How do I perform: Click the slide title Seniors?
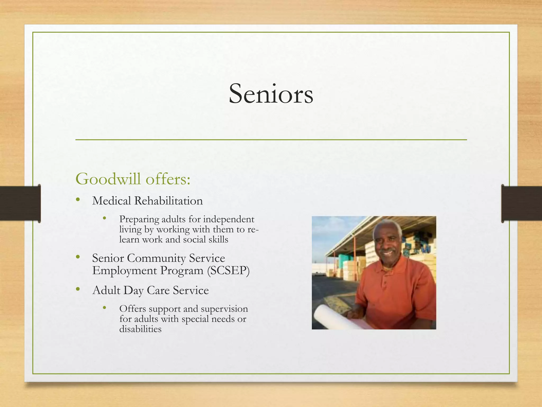click(x=271, y=94)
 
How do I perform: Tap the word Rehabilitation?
click(x=168, y=201)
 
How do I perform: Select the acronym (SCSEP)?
click(x=228, y=271)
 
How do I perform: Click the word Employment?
click(x=124, y=271)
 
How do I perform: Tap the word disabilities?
click(x=140, y=329)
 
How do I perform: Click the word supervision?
click(x=224, y=309)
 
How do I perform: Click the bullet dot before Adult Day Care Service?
click(x=78, y=289)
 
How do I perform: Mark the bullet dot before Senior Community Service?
click(x=78, y=257)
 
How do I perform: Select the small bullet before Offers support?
click(x=105, y=308)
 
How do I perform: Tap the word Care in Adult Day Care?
click(x=158, y=290)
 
